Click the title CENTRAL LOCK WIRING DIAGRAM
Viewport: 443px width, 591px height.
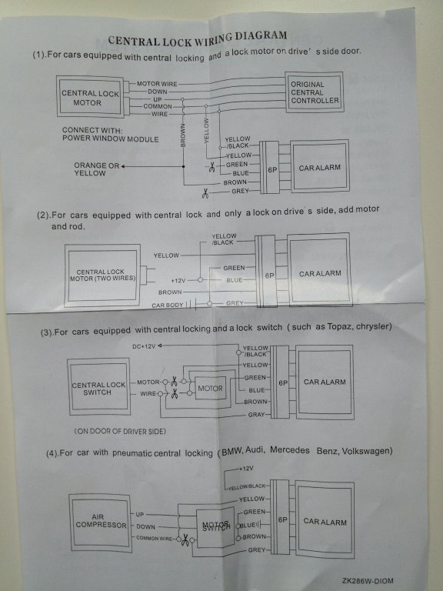click(198, 38)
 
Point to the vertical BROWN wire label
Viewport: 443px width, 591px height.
click(183, 135)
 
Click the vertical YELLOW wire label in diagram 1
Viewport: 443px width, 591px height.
click(206, 130)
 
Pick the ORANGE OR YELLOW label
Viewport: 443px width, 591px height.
click(96, 169)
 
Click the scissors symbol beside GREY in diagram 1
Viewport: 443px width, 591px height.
click(205, 193)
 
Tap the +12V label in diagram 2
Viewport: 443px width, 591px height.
click(178, 280)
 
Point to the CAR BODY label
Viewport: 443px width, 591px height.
click(167, 305)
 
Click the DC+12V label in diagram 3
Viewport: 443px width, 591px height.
click(144, 346)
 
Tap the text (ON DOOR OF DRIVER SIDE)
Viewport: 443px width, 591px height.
click(120, 431)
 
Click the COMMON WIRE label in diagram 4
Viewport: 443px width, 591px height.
click(154, 538)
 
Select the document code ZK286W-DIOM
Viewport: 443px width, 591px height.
click(368, 581)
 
